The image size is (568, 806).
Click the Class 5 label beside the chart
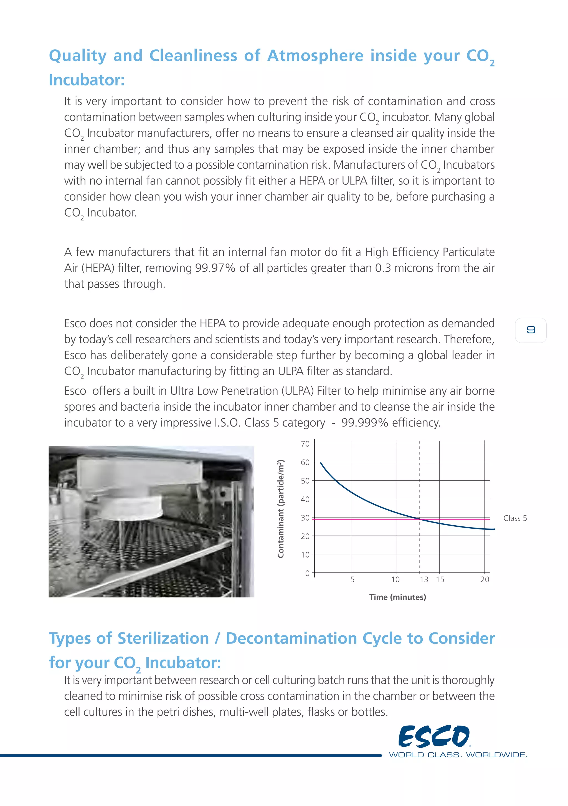point(515,518)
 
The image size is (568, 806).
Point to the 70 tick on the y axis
point(305,444)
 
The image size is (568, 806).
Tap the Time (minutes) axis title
point(397,597)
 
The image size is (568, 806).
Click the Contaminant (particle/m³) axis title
point(280,509)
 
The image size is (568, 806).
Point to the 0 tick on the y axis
point(307,573)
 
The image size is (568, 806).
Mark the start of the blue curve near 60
point(321,463)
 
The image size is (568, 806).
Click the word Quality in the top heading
point(78,56)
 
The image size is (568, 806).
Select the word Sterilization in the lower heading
point(163,638)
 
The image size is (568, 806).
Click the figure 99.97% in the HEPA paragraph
point(215,268)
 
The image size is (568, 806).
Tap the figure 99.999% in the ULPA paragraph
point(365,422)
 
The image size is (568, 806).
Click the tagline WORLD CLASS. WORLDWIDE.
point(458,755)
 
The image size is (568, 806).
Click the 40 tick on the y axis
point(305,499)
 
